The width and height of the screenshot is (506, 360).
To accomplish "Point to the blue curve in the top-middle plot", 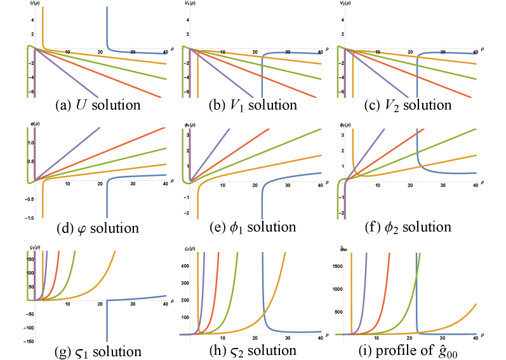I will coord(262,76).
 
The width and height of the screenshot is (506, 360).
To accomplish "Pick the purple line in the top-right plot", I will coord(381,76).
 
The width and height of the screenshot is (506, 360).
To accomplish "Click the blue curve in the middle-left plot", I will coord(107,197).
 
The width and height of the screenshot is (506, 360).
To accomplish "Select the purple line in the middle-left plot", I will coord(76,146).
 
